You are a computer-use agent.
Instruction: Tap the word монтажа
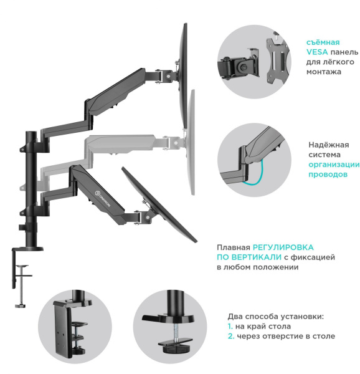[x=323, y=72]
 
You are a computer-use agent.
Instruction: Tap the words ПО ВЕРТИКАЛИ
[x=245, y=257]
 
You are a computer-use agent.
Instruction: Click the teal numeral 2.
[x=230, y=336]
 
